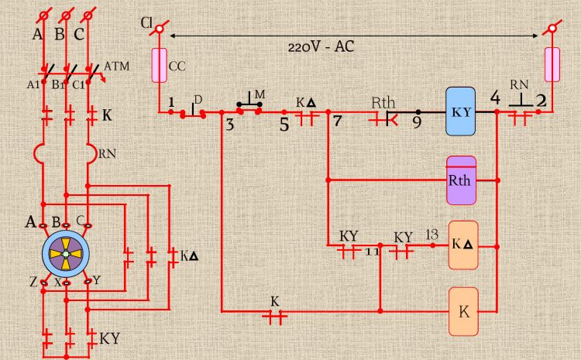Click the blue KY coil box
[463, 111]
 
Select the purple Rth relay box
[462, 180]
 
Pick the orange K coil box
[463, 311]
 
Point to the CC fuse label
[177, 66]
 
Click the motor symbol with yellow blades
[67, 252]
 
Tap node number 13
[432, 234]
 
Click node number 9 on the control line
[418, 122]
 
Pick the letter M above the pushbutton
[260, 94]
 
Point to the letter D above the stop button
[198, 99]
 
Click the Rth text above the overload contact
[383, 101]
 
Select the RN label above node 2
[519, 84]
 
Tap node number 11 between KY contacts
[373, 252]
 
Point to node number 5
[284, 122]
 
